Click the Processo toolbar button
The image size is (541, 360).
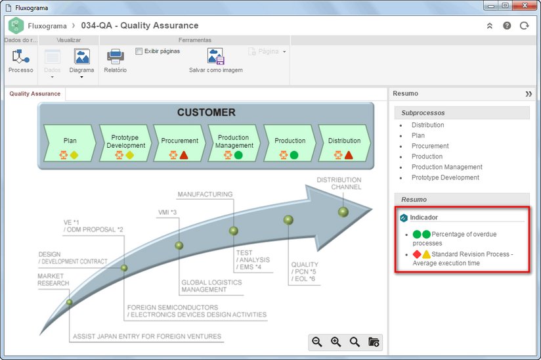coord(21,60)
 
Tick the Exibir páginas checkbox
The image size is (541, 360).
coord(139,51)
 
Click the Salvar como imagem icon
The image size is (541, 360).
coord(216,56)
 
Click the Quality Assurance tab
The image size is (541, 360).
coord(35,93)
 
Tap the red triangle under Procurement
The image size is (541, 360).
coord(184,155)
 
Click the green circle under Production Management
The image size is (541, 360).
coord(238,155)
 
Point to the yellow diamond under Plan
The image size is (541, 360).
coord(74,155)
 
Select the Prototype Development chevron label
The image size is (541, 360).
coord(125,141)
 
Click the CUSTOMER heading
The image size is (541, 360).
coord(206,112)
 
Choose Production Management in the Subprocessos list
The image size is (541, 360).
coord(447,167)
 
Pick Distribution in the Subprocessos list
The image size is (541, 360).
coord(428,125)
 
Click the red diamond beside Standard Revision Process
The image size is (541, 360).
coord(417,254)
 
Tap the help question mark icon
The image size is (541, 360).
coord(507,26)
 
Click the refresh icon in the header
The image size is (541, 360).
coord(524,26)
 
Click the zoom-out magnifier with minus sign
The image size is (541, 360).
coord(317,342)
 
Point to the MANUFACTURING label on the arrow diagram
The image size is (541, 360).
coord(205,194)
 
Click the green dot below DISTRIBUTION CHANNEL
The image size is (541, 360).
coord(343,212)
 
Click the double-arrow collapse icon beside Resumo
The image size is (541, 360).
coord(529,94)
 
